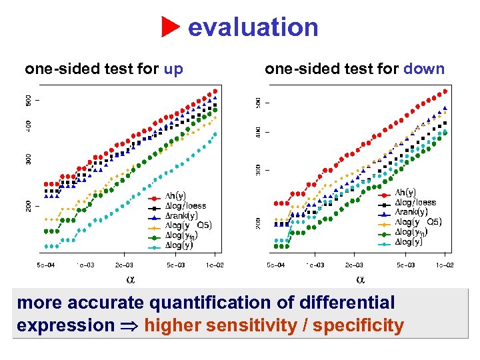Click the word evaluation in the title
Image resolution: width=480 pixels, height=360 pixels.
tap(253, 27)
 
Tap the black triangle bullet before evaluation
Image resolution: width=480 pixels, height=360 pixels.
tap(172, 28)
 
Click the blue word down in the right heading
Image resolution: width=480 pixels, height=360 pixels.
tap(424, 69)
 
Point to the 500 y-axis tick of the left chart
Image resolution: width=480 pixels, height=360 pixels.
tap(29, 100)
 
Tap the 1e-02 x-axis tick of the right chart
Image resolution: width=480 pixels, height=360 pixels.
tap(445, 265)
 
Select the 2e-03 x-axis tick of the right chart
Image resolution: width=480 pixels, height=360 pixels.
tap(353, 265)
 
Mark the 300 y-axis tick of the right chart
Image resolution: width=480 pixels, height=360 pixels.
tap(259, 170)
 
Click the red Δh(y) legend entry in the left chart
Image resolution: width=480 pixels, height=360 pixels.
tap(176, 197)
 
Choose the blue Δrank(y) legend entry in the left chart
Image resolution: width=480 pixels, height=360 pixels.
tap(181, 215)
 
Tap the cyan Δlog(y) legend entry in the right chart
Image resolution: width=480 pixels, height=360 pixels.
tap(409, 242)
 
